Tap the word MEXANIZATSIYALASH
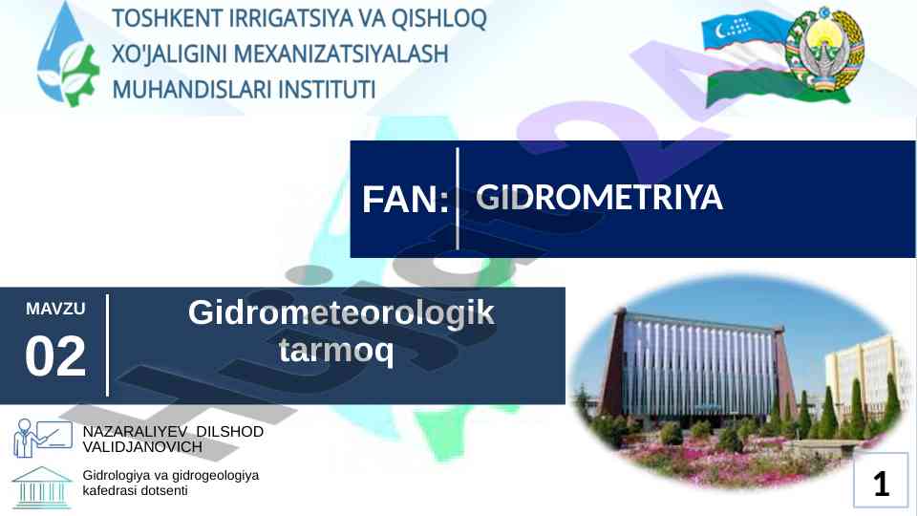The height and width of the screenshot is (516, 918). pos(341,54)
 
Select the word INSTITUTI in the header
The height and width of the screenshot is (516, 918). pos(326,90)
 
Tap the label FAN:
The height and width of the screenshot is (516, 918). pos(405,199)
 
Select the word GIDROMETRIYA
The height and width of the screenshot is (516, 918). pos(600,197)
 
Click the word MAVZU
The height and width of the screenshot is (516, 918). pos(55,309)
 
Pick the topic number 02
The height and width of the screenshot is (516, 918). pos(55,356)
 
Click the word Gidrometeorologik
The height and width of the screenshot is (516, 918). pos(341,312)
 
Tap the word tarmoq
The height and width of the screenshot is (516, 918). pos(336,351)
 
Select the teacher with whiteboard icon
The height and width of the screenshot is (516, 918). pos(43,437)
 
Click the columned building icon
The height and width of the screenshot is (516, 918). pos(42,487)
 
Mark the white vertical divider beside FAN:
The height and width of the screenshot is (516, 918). pos(458,199)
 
